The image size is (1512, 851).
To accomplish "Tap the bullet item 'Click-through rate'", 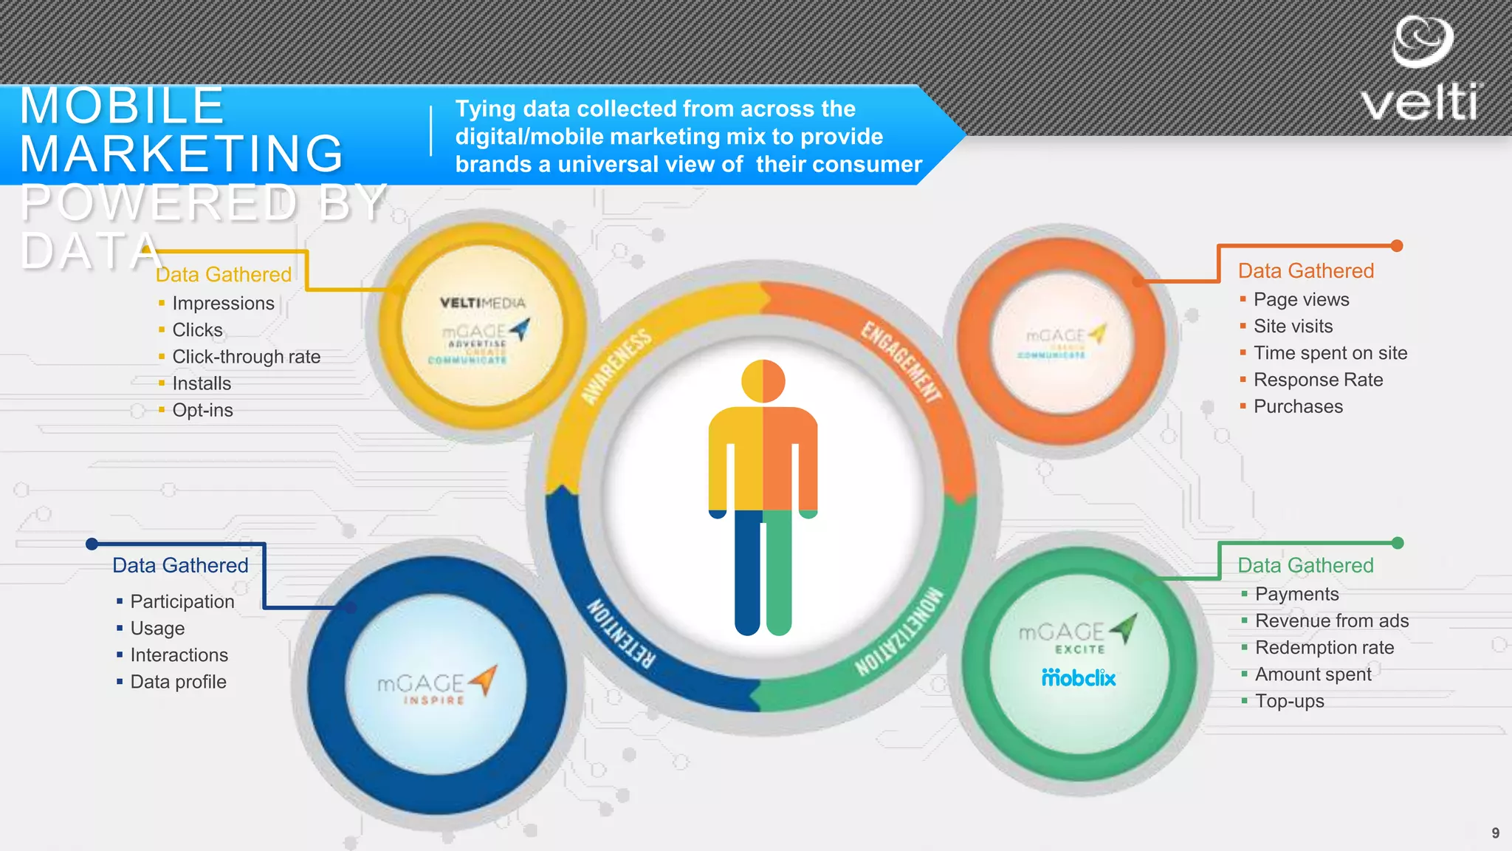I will click(246, 357).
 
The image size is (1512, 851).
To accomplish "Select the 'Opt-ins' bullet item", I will click(202, 410).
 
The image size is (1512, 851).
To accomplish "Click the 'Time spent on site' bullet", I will click(1330, 353).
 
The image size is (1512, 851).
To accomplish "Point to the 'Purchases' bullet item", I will click(1298, 406).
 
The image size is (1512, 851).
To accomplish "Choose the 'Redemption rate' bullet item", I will click(1324, 648).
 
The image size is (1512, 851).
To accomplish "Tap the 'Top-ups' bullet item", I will click(1289, 701).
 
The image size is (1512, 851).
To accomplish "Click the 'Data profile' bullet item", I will click(178, 682).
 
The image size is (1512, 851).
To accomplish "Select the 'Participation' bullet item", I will click(182, 602).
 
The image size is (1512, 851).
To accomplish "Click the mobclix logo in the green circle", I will click(1079, 677).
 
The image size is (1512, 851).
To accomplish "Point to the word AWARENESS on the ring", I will click(616, 366).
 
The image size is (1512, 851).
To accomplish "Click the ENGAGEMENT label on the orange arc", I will click(901, 361).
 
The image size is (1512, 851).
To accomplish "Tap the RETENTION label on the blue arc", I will click(620, 634).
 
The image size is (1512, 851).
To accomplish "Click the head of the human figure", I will click(763, 381).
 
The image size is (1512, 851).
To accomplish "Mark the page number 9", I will click(1495, 833).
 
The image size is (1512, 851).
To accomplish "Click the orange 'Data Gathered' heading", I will click(1305, 271).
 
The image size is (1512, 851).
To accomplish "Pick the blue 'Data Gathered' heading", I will click(180, 566).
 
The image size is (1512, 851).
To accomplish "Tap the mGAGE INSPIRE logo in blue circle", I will click(436, 685).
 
